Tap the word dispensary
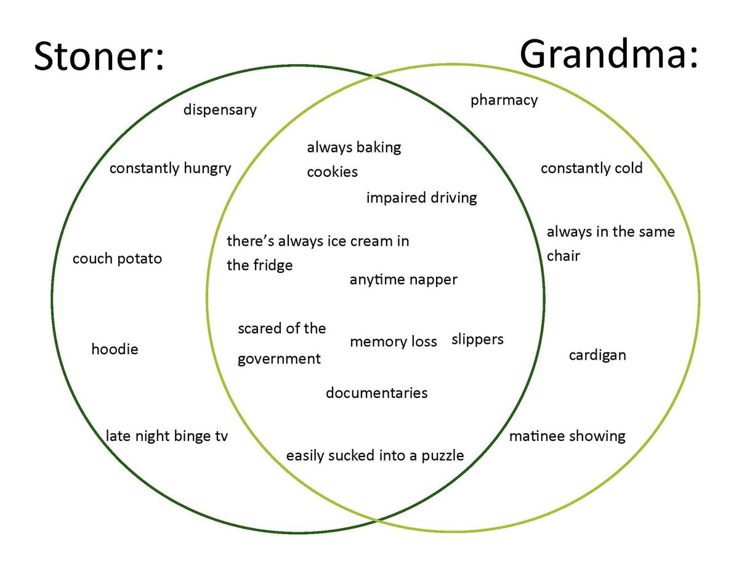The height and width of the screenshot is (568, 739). pos(220,110)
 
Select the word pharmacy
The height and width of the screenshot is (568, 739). pos(504,100)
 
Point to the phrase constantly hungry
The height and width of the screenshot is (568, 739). pos(170,168)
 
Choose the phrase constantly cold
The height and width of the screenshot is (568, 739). pos(591,168)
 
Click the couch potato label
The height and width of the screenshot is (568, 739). pos(117,259)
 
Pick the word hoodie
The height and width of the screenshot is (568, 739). pos(115,350)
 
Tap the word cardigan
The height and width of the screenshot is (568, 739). pos(597,355)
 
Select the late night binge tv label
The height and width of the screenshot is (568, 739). pos(167,437)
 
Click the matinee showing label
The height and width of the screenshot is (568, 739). pos(567,437)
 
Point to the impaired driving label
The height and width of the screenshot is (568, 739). pos(421,198)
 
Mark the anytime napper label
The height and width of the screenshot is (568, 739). pos(403,280)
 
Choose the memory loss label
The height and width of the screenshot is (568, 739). pos(393,342)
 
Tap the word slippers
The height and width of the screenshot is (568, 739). pos(477,339)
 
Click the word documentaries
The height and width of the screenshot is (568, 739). pos(376,393)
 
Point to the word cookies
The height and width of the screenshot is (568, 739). pos(332,172)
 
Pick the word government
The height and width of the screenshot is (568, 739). pos(279,359)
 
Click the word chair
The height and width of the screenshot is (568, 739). pos(563,256)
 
